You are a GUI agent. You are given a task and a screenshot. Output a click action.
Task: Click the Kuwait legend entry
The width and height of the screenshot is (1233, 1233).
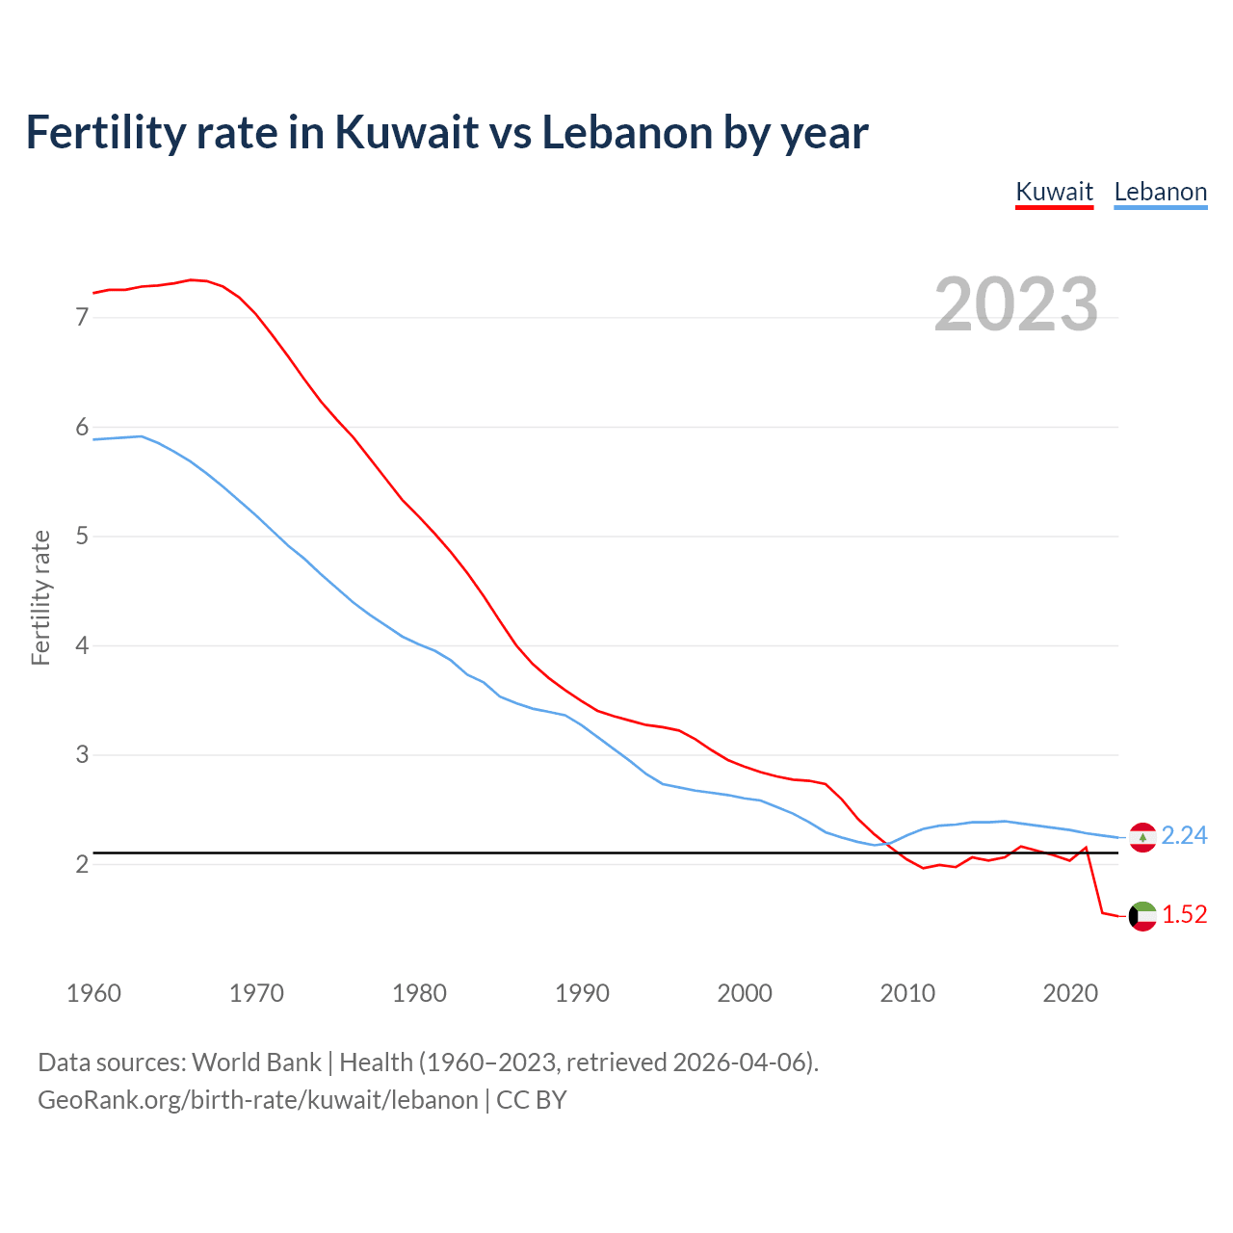pos(1055,192)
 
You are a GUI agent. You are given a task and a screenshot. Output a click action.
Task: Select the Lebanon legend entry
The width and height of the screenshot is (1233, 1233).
pos(1160,192)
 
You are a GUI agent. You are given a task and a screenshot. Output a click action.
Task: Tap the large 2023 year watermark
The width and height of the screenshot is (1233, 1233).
pos(1015,304)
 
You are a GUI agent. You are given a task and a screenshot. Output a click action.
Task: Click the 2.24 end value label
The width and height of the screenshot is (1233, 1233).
pos(1184,836)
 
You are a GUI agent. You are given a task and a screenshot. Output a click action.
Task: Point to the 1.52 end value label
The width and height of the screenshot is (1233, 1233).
pos(1184,914)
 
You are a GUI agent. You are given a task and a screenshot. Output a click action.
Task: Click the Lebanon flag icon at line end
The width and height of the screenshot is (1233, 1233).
pos(1142,837)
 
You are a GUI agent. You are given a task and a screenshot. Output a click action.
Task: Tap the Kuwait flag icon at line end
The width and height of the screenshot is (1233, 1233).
pos(1142,916)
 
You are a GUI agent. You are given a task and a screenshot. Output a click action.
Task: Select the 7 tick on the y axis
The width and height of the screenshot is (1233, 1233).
pos(82,317)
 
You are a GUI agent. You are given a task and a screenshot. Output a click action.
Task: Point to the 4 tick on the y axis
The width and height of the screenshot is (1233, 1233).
pos(82,645)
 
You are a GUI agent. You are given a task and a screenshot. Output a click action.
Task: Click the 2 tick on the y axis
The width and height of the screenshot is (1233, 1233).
pos(82,864)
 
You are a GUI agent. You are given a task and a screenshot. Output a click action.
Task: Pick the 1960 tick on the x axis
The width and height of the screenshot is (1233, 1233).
pos(93,993)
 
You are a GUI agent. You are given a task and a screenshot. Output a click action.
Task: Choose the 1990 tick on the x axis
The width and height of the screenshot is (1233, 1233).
pos(582,993)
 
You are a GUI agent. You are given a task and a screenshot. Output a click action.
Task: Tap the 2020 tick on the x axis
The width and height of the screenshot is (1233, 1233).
pos(1070,993)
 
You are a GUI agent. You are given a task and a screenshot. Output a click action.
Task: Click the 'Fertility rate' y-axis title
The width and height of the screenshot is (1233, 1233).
pos(40,597)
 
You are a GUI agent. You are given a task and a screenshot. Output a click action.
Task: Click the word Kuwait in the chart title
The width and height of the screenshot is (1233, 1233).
pos(407,132)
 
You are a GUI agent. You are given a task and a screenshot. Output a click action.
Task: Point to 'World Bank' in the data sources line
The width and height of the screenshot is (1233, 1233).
pos(256,1062)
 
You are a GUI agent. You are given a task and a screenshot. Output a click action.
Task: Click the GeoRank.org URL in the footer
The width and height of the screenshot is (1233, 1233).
pos(257,1100)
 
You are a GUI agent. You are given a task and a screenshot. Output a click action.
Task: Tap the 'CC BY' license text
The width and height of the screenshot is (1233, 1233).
pos(532,1100)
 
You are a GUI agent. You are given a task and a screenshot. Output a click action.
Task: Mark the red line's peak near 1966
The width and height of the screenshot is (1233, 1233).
pos(191,279)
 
